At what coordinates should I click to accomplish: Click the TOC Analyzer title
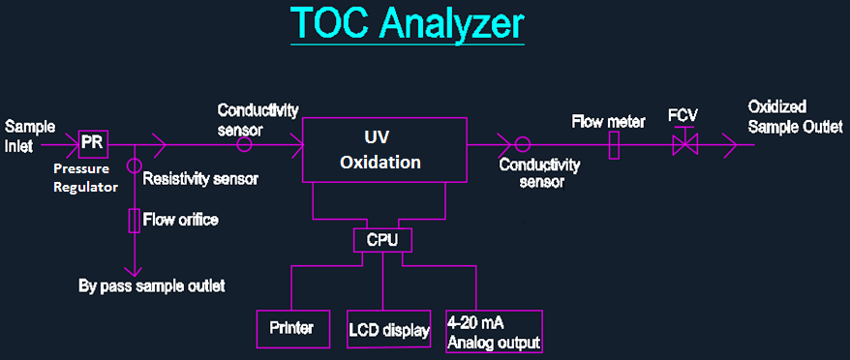[x=407, y=25]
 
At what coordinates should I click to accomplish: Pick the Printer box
[x=291, y=328]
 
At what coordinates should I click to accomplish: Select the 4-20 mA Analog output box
[x=493, y=330]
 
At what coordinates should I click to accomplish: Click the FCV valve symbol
[x=686, y=143]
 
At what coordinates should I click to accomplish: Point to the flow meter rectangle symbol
[x=614, y=145]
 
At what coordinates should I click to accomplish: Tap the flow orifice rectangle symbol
[x=136, y=222]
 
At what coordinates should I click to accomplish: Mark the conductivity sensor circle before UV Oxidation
[x=245, y=144]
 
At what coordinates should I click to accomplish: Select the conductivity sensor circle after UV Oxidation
[x=522, y=145]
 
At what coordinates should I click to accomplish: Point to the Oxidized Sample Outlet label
[x=795, y=115]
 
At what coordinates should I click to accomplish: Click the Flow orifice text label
[x=181, y=220]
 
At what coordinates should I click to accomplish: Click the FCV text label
[x=683, y=115]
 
